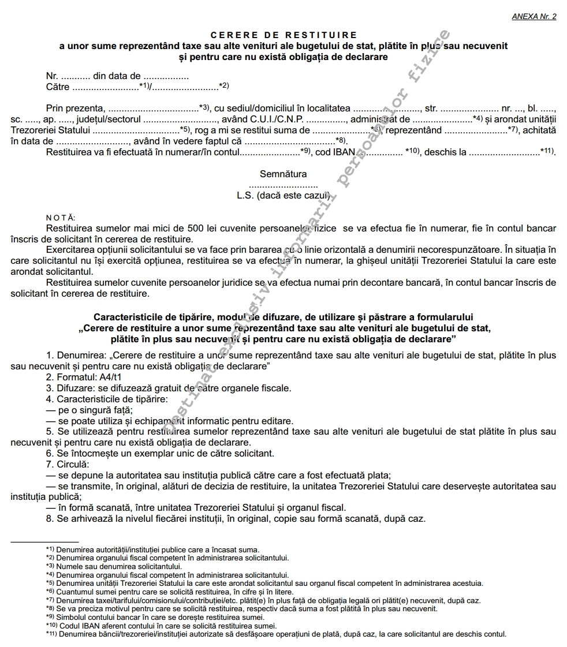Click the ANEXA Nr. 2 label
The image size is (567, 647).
(x=534, y=16)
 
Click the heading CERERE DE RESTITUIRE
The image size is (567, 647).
(x=283, y=35)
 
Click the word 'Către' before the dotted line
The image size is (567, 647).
(x=58, y=87)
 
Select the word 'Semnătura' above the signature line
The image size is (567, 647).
(x=283, y=174)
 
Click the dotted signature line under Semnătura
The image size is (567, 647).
(x=283, y=186)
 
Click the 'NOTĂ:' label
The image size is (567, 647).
(x=60, y=218)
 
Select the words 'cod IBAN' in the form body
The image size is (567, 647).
(x=335, y=152)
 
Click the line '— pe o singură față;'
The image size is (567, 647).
(x=89, y=410)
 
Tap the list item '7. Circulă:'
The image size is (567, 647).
(x=68, y=464)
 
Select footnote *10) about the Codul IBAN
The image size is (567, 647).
(x=162, y=625)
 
